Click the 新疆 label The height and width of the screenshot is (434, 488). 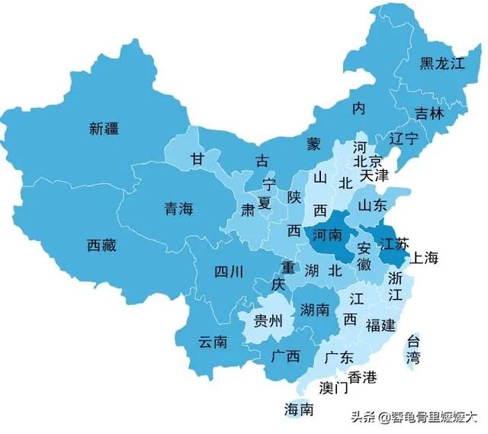[x=104, y=129]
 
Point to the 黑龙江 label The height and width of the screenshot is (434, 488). [x=441, y=64]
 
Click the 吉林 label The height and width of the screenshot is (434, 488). [x=429, y=114]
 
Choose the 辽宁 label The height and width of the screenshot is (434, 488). [x=403, y=139]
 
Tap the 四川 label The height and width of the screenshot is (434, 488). [x=228, y=271]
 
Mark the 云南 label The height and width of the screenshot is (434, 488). [x=213, y=342]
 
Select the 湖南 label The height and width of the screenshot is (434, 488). [x=315, y=310]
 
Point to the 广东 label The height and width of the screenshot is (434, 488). [x=339, y=356]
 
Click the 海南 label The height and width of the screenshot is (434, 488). [x=298, y=409]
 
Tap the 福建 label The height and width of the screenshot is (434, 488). [x=380, y=326]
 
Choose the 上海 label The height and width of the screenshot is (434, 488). [x=425, y=259]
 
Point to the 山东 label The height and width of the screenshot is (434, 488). [x=373, y=205]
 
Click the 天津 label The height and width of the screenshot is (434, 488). [x=374, y=175]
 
